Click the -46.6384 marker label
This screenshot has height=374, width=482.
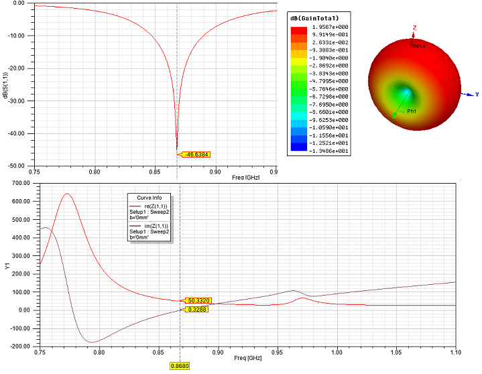click(x=196, y=155)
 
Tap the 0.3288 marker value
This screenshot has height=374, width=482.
click(x=197, y=310)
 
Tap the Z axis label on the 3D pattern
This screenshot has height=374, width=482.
click(x=414, y=27)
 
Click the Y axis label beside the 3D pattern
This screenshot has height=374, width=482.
click(x=477, y=95)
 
